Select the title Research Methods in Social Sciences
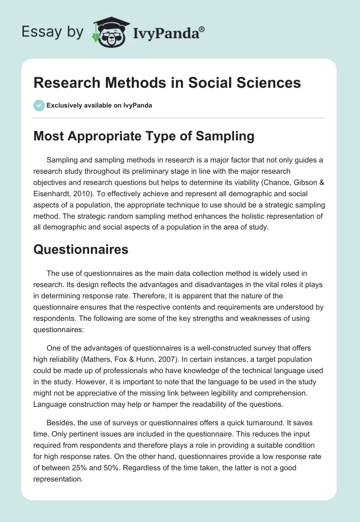coord(167,83)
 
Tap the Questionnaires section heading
coord(81,250)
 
